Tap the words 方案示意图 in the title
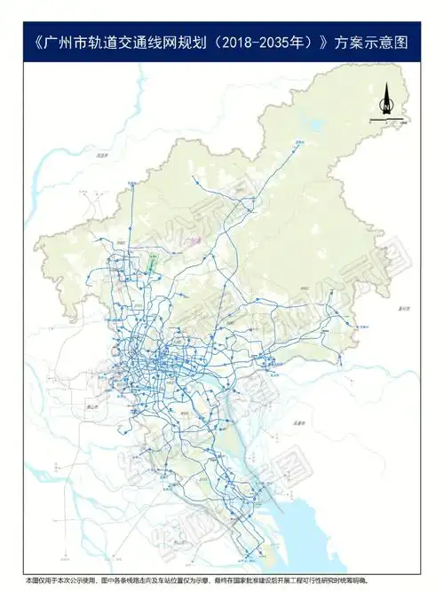click(372, 42)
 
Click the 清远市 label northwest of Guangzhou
click(100, 156)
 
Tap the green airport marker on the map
click(152, 262)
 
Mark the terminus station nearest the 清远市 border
click(131, 182)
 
